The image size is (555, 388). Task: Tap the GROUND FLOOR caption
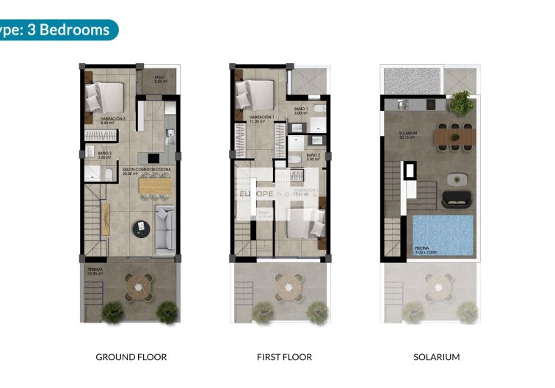click(x=131, y=357)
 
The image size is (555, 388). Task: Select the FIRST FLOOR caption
click(x=284, y=357)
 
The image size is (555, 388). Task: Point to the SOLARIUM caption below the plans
click(x=437, y=357)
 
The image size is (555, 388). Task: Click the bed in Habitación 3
click(x=105, y=95)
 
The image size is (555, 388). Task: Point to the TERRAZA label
click(x=94, y=270)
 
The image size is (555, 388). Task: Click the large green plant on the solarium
click(x=461, y=103)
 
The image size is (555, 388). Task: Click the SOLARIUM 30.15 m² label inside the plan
click(x=408, y=134)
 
